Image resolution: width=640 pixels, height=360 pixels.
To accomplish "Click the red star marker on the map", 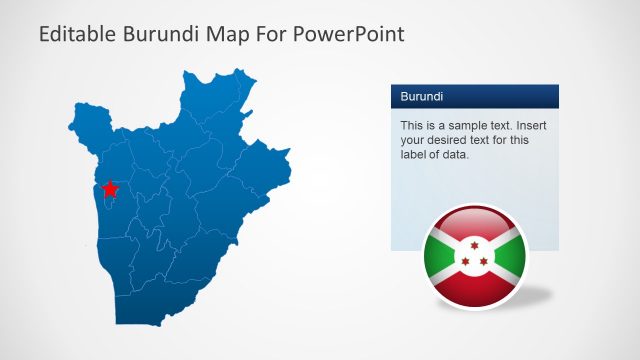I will (x=110, y=188).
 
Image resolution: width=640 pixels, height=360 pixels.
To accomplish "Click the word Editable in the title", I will (x=78, y=35).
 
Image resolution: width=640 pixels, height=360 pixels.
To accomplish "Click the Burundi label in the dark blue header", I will (x=422, y=97).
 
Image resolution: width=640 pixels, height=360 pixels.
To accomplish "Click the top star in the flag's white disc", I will (x=475, y=243).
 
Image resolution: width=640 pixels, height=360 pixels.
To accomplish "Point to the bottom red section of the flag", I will (x=475, y=287).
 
